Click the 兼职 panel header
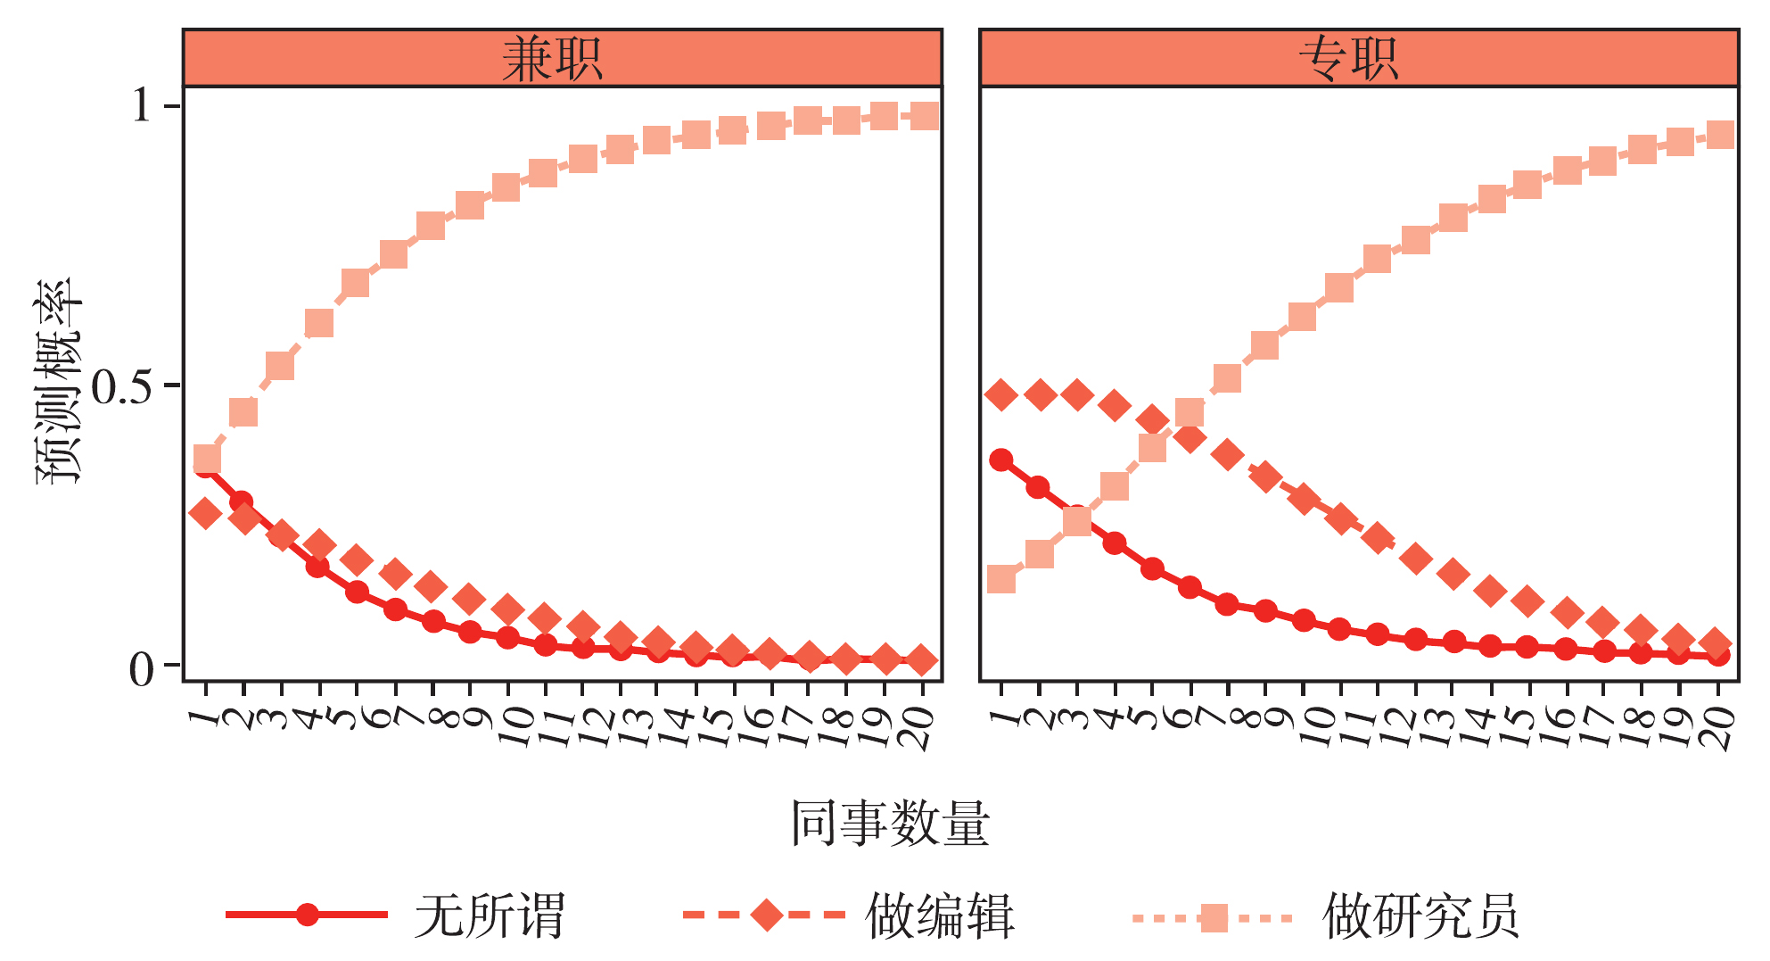562,59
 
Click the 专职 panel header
1358,59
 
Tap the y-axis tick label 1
142,106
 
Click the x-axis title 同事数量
890,823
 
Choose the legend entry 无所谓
489,915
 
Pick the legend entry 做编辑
940,915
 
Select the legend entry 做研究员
1420,915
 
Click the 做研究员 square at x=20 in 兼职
923,115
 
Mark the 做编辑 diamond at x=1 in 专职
1001,394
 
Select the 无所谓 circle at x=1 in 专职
1001,460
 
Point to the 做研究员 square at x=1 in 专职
1001,579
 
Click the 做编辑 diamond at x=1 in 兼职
206,513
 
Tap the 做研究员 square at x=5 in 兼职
356,283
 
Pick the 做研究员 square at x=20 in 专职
1718,136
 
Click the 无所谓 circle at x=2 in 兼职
241,502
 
